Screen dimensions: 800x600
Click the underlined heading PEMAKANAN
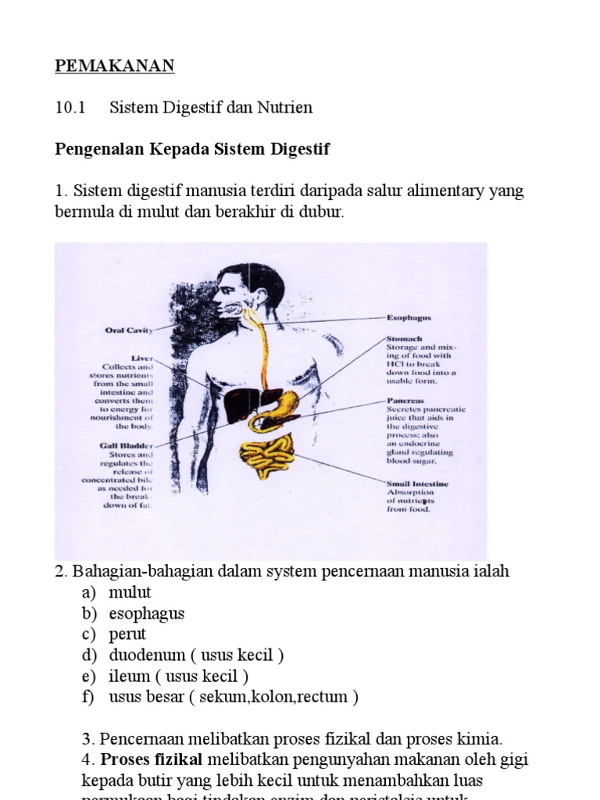click(114, 66)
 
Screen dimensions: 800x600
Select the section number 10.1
click(69, 108)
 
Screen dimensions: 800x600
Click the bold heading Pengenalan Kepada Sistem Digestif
click(192, 149)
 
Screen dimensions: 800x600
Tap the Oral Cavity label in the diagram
click(129, 330)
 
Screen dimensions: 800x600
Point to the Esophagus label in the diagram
click(409, 318)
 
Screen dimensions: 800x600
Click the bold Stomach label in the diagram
click(405, 339)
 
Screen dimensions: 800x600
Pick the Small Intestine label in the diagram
click(418, 484)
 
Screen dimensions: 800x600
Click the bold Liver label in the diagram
click(142, 358)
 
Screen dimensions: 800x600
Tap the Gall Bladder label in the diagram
click(127, 445)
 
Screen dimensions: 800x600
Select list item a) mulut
click(130, 592)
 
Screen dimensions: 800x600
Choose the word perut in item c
click(127, 634)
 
